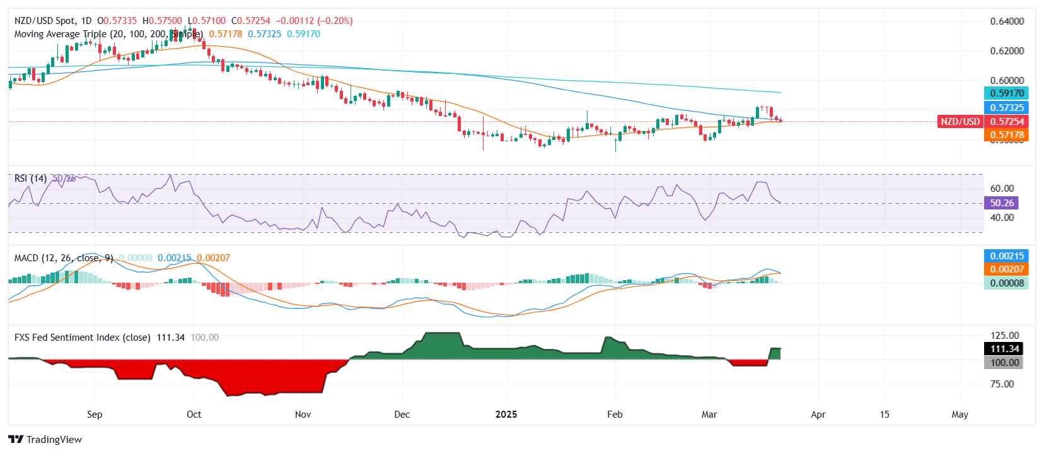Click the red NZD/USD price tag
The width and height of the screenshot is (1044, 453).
coord(960,121)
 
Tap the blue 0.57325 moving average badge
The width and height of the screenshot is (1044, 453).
coord(1006,107)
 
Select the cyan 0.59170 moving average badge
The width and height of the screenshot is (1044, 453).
coord(1006,93)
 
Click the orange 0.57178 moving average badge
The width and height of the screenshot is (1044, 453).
coord(1006,134)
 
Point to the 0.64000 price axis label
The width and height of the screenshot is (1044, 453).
coord(1007,21)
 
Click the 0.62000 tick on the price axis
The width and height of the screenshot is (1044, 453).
coord(1007,51)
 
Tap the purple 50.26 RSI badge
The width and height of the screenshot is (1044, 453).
coord(1001,203)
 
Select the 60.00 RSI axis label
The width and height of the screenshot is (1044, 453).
coord(1002,188)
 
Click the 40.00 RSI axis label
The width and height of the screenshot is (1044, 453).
coord(1002,217)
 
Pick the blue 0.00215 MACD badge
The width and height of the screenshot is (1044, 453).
coord(1006,256)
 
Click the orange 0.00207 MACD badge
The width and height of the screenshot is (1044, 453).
coord(1006,269)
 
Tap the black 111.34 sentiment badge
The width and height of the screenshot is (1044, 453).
coord(1004,348)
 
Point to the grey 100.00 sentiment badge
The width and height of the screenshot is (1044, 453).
coord(1004,362)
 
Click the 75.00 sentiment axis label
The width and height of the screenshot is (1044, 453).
coord(1004,384)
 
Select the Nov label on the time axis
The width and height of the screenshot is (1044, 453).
coord(303,415)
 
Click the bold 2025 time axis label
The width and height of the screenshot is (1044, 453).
coord(506,415)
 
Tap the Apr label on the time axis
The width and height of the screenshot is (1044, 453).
coord(818,415)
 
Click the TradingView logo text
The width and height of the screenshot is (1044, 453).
coord(54,440)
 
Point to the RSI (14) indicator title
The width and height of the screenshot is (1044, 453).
coord(30,179)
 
